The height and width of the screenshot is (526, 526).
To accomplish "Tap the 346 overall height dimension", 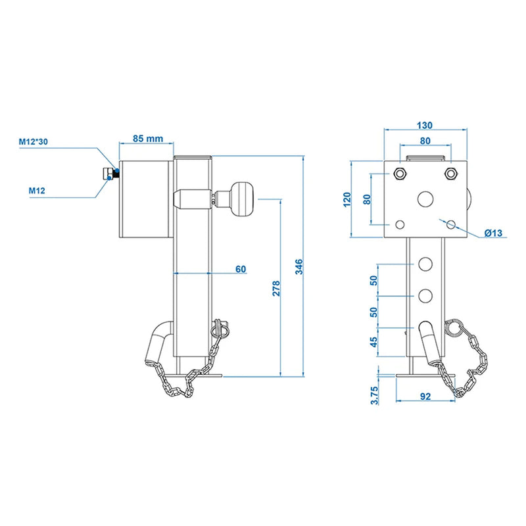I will tap(299, 266).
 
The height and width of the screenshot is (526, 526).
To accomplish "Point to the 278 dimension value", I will tap(275, 287).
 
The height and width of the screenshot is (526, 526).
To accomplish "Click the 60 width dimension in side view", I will tap(240, 268).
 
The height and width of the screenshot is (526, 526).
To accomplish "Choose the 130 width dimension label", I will tap(425, 126).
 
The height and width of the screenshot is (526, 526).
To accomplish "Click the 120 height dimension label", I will tap(347, 198).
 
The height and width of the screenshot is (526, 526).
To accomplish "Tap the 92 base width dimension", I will tap(425, 397).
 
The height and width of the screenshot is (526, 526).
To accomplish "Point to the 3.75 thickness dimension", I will tap(375, 394).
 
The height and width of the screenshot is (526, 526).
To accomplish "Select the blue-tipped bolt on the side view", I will tap(108, 174).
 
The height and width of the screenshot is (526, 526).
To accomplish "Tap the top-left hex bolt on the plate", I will tap(398, 174).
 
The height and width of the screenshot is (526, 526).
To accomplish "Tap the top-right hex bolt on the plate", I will tap(450, 174).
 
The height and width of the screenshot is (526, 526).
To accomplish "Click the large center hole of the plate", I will tap(425, 199).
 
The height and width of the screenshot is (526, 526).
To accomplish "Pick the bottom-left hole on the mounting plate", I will tap(398, 224).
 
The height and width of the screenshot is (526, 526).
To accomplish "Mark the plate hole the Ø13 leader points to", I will tap(450, 224).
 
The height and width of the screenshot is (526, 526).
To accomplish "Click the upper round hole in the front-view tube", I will tap(425, 264).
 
